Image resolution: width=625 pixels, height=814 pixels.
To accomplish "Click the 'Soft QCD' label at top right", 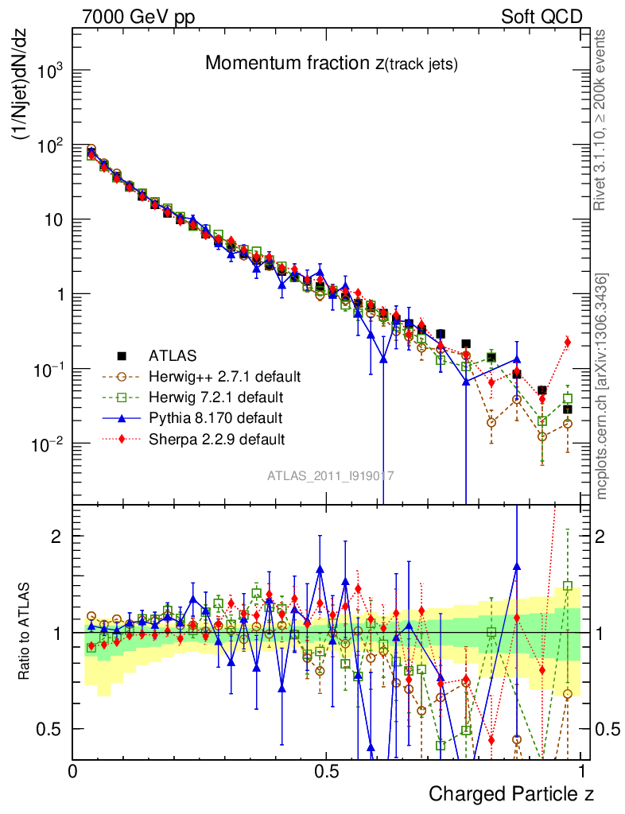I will click(x=542, y=17).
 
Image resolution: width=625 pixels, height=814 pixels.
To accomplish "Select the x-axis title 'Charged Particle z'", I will click(x=511, y=793).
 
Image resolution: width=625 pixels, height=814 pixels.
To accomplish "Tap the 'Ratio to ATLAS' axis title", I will click(x=25, y=632).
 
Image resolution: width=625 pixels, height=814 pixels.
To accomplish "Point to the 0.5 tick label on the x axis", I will click(x=327, y=771).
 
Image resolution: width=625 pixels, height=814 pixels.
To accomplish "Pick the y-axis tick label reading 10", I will click(x=54, y=220).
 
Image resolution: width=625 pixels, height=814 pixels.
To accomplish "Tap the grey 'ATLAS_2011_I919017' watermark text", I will click(x=330, y=476).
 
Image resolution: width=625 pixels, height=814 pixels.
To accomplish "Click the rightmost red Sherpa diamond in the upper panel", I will click(x=568, y=342).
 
